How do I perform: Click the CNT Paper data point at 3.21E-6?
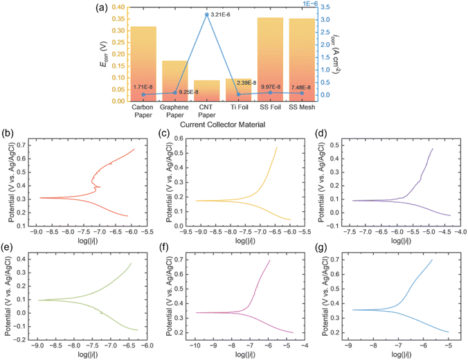point(206,15)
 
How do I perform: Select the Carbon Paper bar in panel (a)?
point(143,64)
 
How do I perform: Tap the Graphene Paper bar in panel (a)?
point(175,81)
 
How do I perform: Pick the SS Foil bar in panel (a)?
point(270,60)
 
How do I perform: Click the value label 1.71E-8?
point(143,87)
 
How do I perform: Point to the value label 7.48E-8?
point(301,87)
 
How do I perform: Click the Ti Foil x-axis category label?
point(239,107)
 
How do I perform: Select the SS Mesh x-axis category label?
point(302,107)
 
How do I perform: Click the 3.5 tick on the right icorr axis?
point(324,7)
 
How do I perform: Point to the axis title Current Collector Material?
point(222,125)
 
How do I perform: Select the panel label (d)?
point(321,134)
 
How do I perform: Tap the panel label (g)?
point(321,247)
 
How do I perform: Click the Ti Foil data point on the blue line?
point(238,94)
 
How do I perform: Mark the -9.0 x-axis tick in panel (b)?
point(36,232)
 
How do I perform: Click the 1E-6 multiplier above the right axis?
point(310,3)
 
